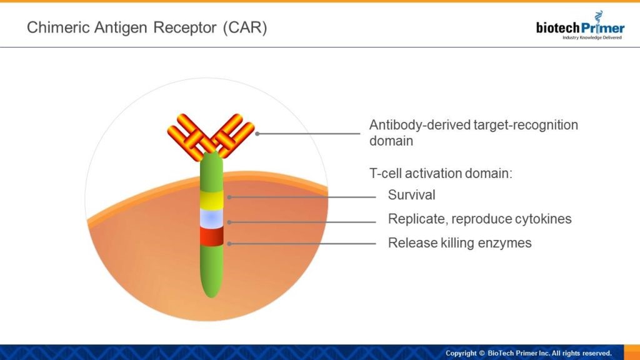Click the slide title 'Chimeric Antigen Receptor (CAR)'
(147, 28)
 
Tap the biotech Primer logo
(579, 27)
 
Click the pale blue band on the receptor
(211, 218)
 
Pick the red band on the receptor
(211, 237)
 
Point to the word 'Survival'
(411, 195)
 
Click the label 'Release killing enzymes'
(459, 242)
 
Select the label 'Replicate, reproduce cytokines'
(479, 219)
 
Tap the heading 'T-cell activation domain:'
(441, 174)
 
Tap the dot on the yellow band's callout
(229, 197)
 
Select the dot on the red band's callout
(229, 243)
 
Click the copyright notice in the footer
(528, 353)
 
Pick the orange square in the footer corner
(631, 352)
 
